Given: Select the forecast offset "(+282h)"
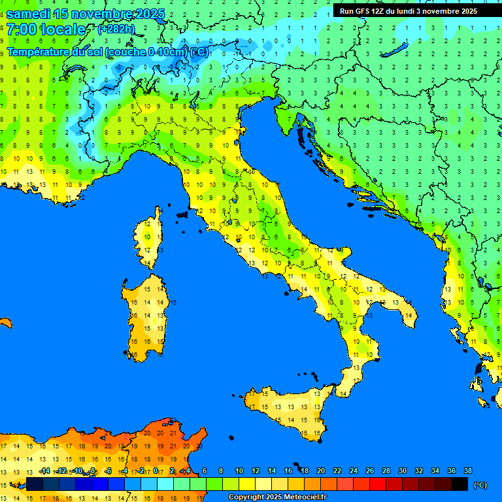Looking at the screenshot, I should click(x=116, y=29).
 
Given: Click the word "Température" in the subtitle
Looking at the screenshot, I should click(x=45, y=52).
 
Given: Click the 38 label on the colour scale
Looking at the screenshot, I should click(x=467, y=471).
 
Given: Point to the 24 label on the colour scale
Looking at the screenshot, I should click(x=353, y=471).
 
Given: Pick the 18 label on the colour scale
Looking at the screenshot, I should click(x=304, y=471).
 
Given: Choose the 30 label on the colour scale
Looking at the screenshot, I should click(x=402, y=471).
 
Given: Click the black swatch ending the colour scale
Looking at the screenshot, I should click(x=460, y=484).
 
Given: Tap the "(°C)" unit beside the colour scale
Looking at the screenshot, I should click(x=479, y=485).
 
